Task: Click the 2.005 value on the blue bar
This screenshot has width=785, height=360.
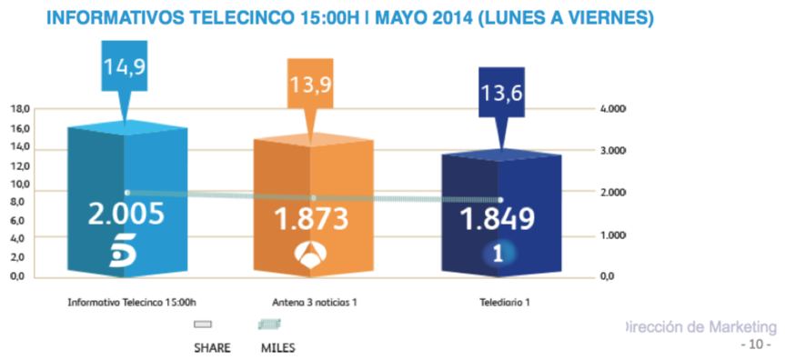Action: [x=126, y=214]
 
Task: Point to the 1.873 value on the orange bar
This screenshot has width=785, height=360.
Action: [x=313, y=218]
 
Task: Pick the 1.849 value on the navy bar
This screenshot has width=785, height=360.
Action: [x=497, y=219]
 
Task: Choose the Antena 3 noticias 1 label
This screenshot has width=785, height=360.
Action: [x=314, y=302]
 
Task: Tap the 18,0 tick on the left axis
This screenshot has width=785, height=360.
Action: [x=20, y=109]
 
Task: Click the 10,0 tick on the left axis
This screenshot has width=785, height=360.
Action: [x=20, y=184]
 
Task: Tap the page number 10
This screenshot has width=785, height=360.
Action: [x=756, y=345]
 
